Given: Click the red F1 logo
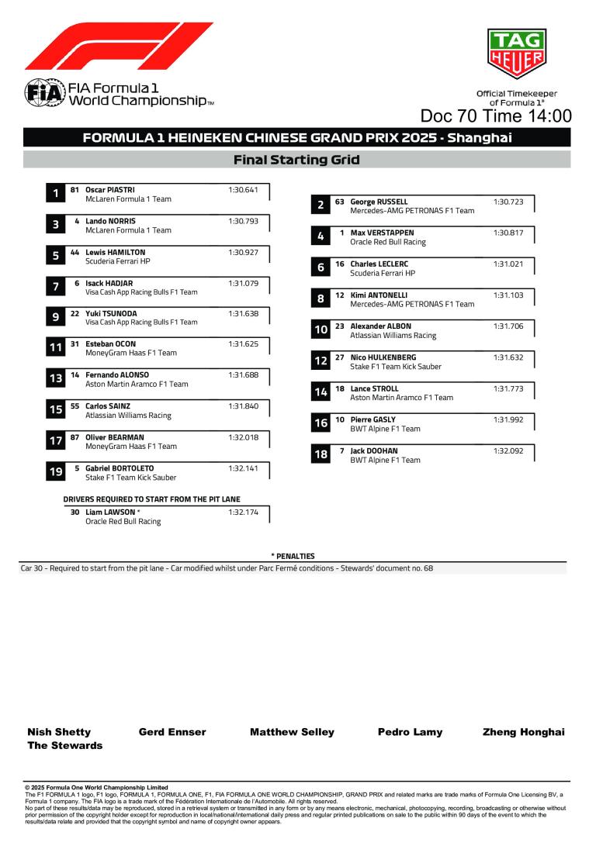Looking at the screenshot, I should pyautogui.click(x=118, y=46).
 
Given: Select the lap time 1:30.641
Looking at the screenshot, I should pyautogui.click(x=243, y=190).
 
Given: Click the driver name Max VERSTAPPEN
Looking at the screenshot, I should pyautogui.click(x=382, y=233).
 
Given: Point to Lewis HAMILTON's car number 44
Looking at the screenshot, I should pyautogui.click(x=75, y=252).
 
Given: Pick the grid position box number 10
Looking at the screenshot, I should pyautogui.click(x=321, y=330).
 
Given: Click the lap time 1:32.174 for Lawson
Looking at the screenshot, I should pyautogui.click(x=243, y=512).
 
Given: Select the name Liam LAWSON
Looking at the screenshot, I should pyautogui.click(x=110, y=512).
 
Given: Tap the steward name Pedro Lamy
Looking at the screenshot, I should pyautogui.click(x=410, y=732).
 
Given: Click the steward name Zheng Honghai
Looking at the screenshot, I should pyautogui.click(x=523, y=732).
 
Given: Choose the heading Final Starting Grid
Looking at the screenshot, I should pyautogui.click(x=296, y=160).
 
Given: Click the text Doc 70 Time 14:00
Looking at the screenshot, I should pyautogui.click(x=496, y=116).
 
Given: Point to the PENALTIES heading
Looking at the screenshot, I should pyautogui.click(x=293, y=556).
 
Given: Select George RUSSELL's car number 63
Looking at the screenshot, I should pyautogui.click(x=340, y=202).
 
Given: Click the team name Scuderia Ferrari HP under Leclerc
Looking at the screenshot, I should pyautogui.click(x=383, y=273).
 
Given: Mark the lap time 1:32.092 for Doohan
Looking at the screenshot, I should pyautogui.click(x=508, y=450).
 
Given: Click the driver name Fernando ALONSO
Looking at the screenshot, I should pyautogui.click(x=117, y=374).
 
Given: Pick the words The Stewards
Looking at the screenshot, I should pyautogui.click(x=64, y=746).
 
